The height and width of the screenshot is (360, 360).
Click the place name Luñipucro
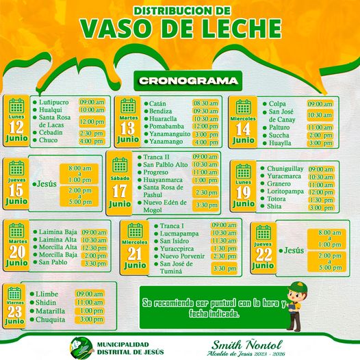point(55,103)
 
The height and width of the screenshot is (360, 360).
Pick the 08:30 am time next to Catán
point(205,103)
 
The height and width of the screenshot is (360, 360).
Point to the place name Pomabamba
point(169,126)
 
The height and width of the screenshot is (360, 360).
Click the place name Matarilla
point(53,310)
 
